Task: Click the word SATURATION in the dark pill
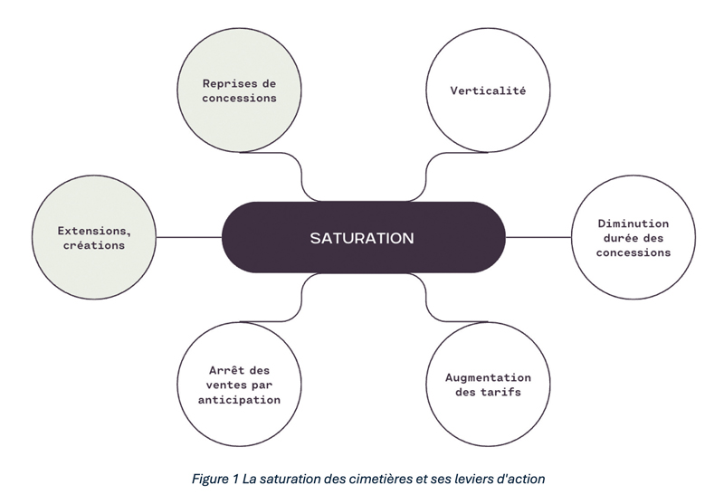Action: pos(362,238)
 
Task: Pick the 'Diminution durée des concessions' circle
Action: pos(633,237)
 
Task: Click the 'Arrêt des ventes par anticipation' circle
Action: pos(240,385)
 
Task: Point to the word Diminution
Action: pos(633,223)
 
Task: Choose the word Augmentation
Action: pos(489,377)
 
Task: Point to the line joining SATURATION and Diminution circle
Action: pos(538,237)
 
